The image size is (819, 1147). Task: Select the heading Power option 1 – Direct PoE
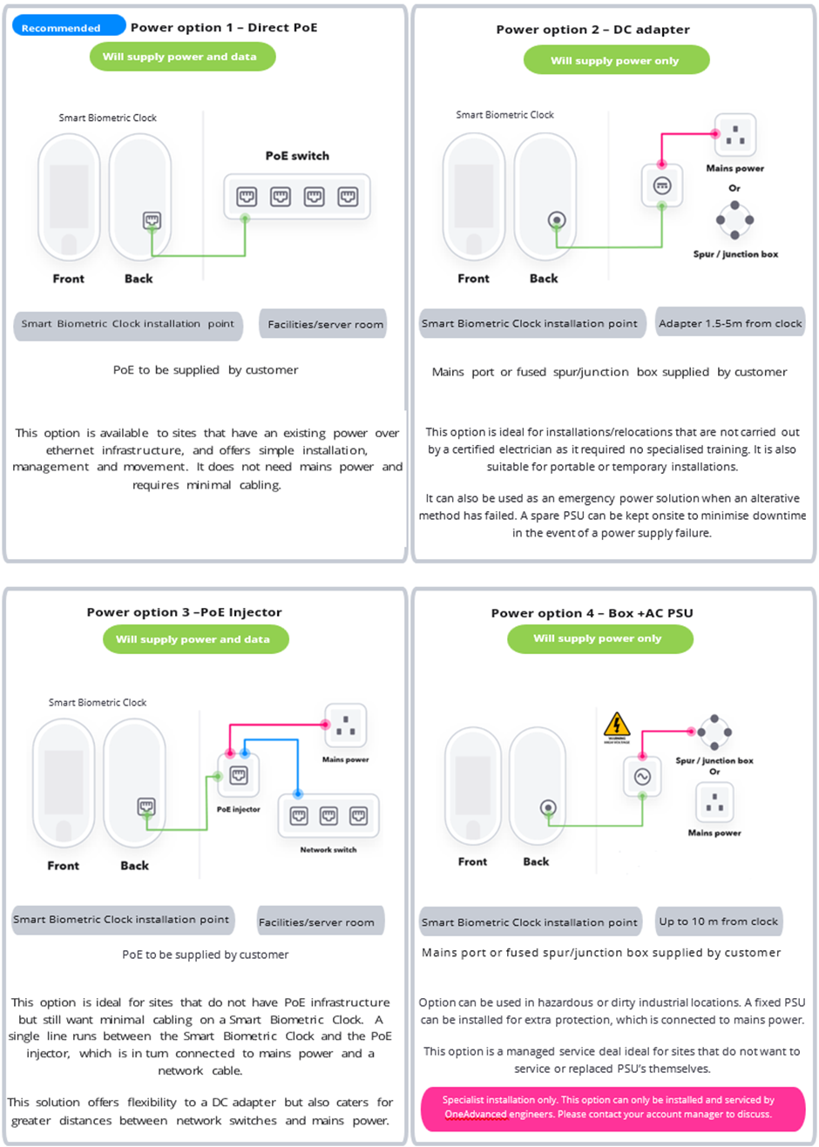coord(224,27)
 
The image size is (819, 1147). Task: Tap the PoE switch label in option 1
coord(297,156)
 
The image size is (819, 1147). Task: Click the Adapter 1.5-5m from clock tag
coord(729,323)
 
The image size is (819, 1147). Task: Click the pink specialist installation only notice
coord(612,1108)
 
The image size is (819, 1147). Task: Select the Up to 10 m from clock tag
coord(718,921)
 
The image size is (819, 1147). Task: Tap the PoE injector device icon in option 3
coord(238,775)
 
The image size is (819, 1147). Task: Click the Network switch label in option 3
coord(328,849)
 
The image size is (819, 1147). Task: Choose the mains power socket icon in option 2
coord(735,135)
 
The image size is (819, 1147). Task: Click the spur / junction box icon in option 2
coord(734,219)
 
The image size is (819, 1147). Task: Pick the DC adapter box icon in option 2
coord(661,186)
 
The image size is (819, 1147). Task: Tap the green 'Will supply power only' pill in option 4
coord(599,638)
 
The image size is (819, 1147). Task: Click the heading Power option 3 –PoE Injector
coord(184,612)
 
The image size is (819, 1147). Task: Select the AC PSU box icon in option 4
coord(642,776)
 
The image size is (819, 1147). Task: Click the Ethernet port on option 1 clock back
coord(152,220)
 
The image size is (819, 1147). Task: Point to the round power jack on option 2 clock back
coord(557,220)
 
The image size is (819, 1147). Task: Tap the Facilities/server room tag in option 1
coord(324,324)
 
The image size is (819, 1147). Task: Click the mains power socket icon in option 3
coord(345,725)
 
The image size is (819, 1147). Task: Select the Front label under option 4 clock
coord(472,861)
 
